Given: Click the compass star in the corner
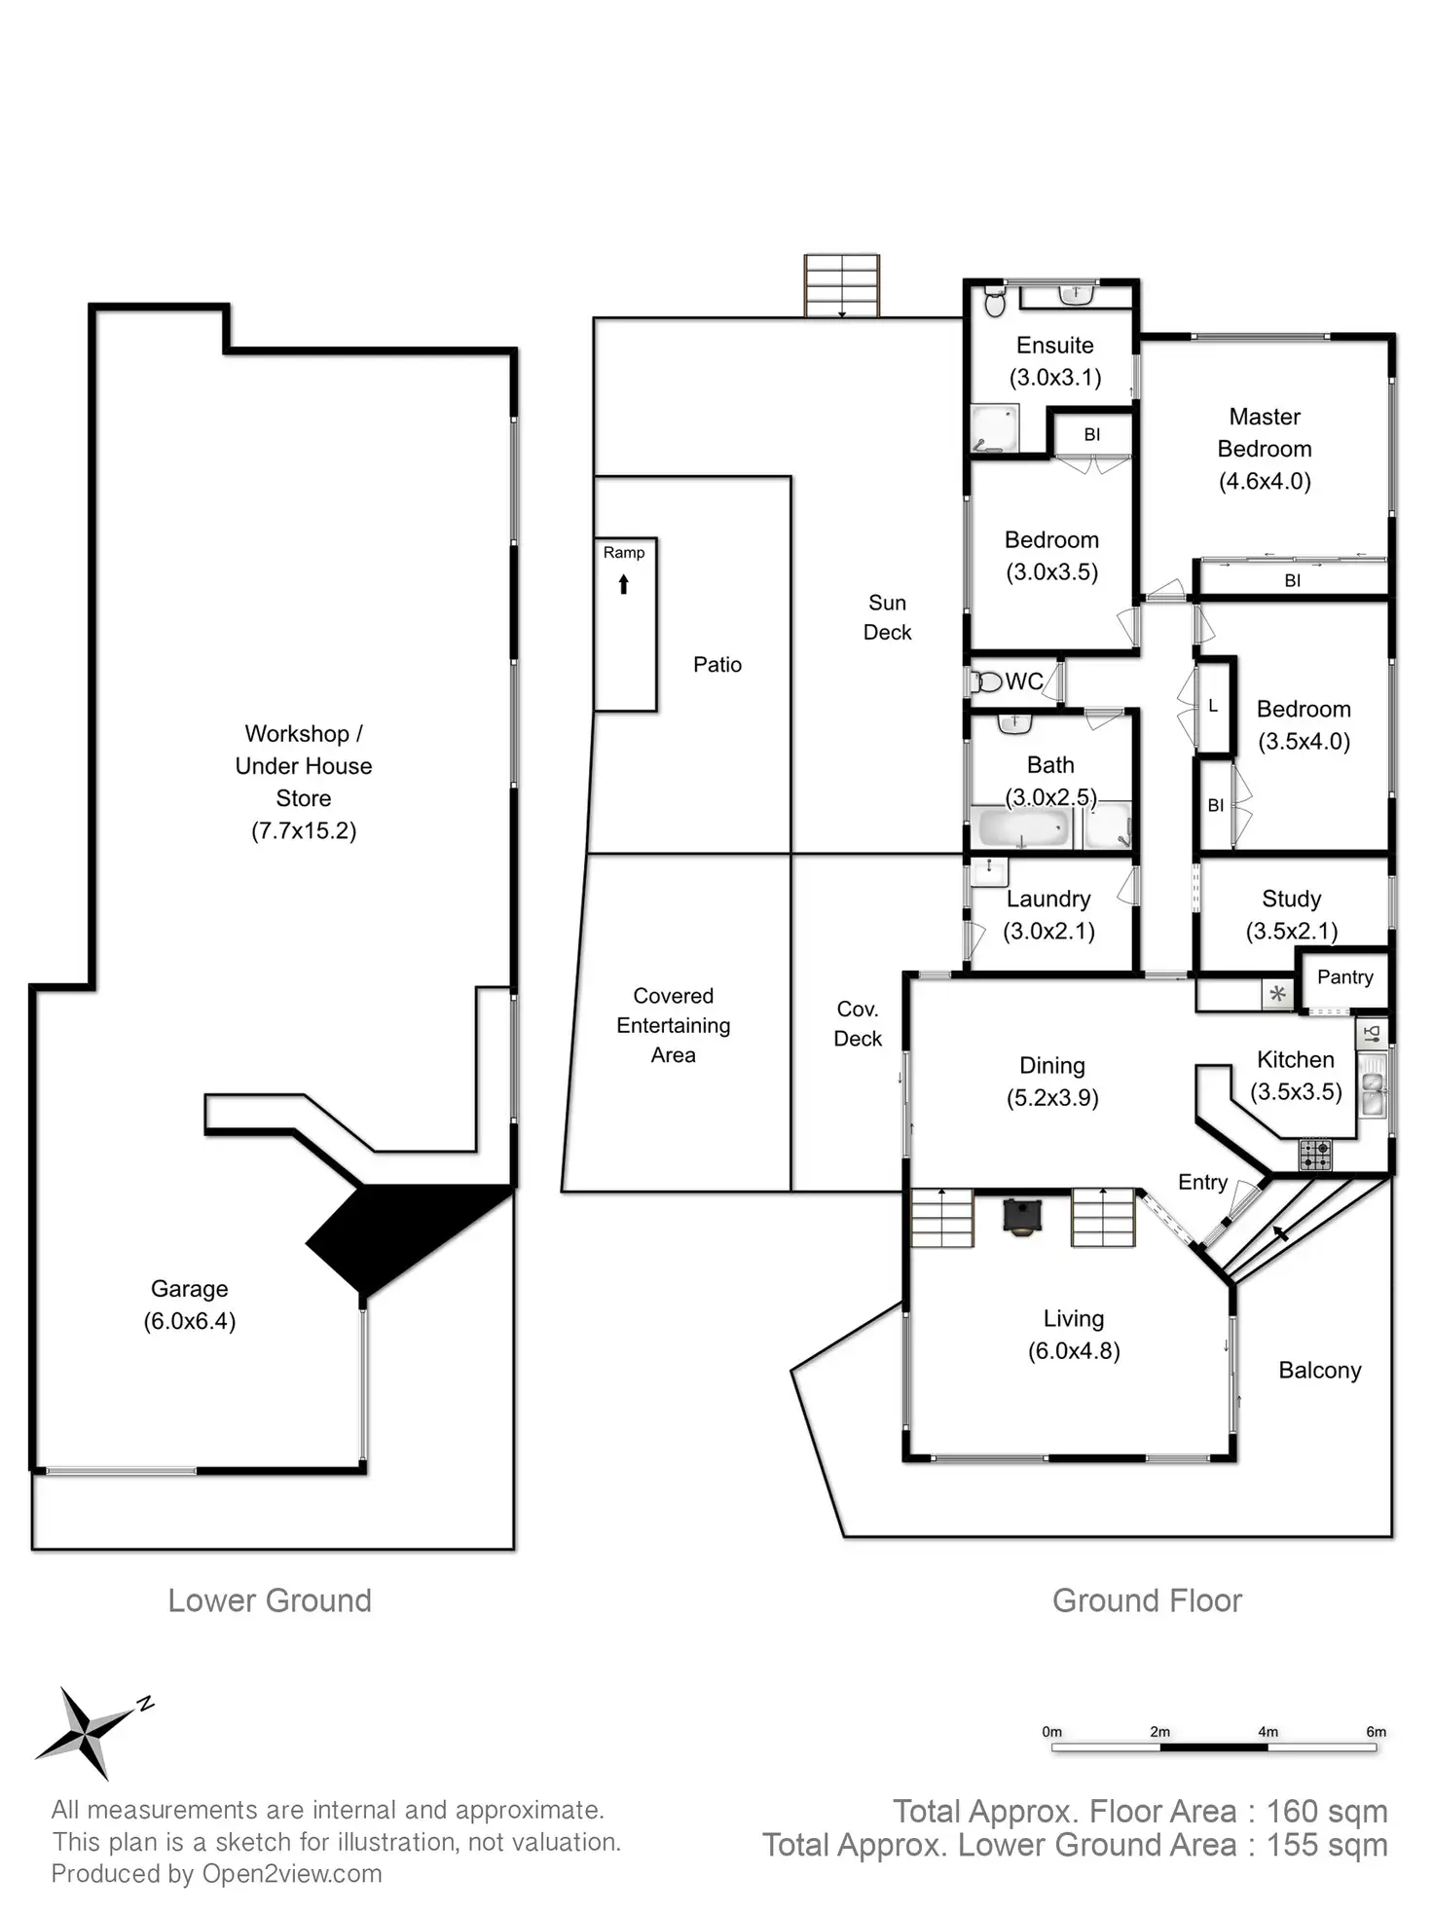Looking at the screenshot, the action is point(86,1732).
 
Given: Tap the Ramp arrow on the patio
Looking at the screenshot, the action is point(624,584).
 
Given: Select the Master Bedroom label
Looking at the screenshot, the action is point(1265,432).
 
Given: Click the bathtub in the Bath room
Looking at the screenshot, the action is point(1023,827).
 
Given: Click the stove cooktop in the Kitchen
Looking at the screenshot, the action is point(1315,1156).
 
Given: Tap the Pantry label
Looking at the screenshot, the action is point(1344,976).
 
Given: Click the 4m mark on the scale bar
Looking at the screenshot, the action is point(1268,1732).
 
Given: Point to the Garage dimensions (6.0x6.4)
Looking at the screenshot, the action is point(190,1321).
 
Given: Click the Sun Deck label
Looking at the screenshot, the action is point(887,617).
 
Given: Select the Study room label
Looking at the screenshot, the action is point(1291,899).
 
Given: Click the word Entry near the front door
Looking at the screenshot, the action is point(1202,1182).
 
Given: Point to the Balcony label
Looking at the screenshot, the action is point(1319,1370).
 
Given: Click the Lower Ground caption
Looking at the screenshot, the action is point(270,1600).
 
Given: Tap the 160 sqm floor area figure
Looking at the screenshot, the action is point(1326,1811).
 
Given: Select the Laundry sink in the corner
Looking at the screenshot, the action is point(989,870).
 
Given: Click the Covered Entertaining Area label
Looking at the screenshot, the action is point(673,1025).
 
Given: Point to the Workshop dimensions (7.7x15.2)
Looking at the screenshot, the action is point(304,830).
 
